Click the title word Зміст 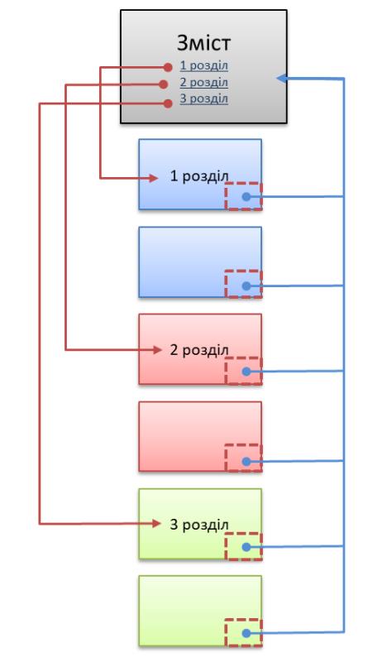(x=203, y=43)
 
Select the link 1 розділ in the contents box (x=204, y=66)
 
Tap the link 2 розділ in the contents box (x=204, y=82)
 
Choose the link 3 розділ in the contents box (x=204, y=98)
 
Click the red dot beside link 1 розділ (x=168, y=67)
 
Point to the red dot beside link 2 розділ (x=164, y=84)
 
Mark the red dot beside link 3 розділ (x=168, y=103)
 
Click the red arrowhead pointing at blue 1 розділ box (x=154, y=179)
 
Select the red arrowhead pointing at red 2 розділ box (x=157, y=349)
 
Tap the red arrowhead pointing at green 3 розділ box (x=156, y=524)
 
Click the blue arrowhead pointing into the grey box (x=282, y=78)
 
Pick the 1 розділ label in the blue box (x=199, y=176)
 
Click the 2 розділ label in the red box (x=199, y=350)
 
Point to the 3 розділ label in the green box (x=199, y=525)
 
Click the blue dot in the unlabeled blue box (x=246, y=286)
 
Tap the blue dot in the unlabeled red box (x=246, y=462)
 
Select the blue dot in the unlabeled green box (x=246, y=633)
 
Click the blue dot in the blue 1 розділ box (x=246, y=197)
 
